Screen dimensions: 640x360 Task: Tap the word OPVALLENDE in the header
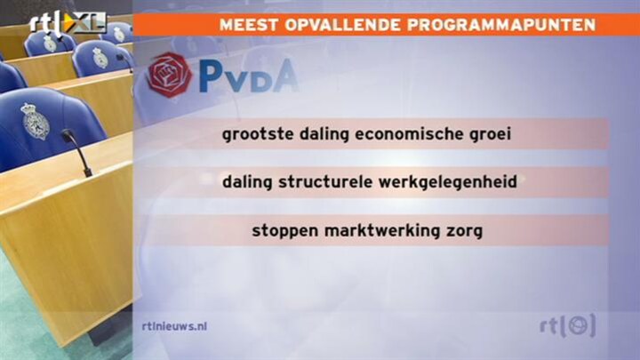pyautogui.click(x=342, y=25)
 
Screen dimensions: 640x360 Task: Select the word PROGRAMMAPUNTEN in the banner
pyautogui.click(x=501, y=25)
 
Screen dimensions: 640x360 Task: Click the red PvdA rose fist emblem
pyautogui.click(x=170, y=75)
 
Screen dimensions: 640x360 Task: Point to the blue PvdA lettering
pyautogui.click(x=249, y=76)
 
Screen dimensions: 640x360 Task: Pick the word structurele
pyautogui.click(x=325, y=181)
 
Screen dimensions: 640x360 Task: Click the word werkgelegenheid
pyautogui.click(x=448, y=182)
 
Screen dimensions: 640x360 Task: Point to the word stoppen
pyautogui.click(x=285, y=231)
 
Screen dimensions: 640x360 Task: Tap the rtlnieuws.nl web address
pyautogui.click(x=174, y=326)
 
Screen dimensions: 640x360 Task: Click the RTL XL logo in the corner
pyautogui.click(x=68, y=23)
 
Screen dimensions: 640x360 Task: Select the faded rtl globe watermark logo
pyautogui.click(x=567, y=326)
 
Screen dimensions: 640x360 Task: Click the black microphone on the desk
pyautogui.click(x=76, y=152)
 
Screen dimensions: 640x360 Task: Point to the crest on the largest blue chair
pyautogui.click(x=35, y=121)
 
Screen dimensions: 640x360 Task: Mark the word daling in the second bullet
pyautogui.click(x=247, y=182)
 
